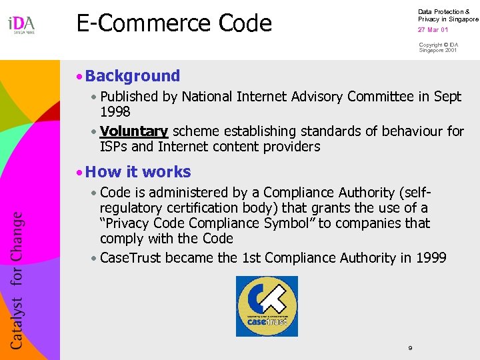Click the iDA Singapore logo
coord(21,25)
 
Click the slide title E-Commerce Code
coord(174,23)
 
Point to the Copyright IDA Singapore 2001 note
coord(438,47)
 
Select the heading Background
coord(133,76)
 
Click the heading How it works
coord(138,172)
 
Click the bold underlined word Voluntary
coord(133,131)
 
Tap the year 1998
coord(115,112)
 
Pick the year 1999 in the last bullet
coord(430,258)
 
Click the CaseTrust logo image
coord(267,306)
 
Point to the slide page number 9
coord(410,348)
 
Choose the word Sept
coord(447,97)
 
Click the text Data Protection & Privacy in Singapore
coord(447,15)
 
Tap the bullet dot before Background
coord(79,77)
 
